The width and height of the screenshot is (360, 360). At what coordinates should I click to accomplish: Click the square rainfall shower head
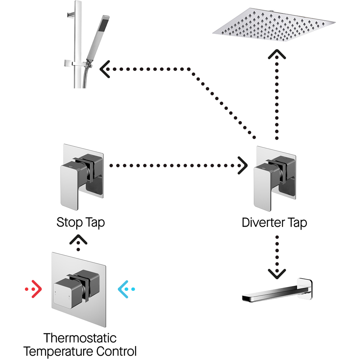[x=274, y=25]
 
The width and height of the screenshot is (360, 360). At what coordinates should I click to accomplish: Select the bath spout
[x=277, y=290]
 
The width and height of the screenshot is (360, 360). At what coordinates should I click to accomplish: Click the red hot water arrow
[x=33, y=289]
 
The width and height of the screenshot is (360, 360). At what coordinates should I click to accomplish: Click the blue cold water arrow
[x=126, y=289]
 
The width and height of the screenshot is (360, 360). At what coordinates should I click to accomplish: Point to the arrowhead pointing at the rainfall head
[x=277, y=54]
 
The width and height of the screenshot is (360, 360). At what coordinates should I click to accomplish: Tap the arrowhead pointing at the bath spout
[x=277, y=274]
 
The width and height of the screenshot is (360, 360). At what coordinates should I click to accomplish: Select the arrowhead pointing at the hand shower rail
[x=105, y=69]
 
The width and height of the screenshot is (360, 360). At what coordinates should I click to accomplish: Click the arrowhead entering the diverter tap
[x=242, y=166]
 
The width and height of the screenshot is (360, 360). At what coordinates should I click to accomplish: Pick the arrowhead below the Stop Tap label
[x=78, y=239]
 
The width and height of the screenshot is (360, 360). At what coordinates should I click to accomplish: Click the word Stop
[x=69, y=222]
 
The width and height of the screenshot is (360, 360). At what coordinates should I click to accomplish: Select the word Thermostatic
[x=80, y=338]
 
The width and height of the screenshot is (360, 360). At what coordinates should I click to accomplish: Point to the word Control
[x=117, y=351]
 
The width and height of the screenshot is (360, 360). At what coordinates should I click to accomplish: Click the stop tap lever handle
[x=70, y=185]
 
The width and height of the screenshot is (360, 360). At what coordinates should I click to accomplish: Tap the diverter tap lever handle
[x=264, y=187]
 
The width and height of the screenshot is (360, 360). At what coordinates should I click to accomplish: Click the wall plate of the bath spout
[x=305, y=288]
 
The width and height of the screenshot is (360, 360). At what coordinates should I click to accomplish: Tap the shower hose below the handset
[x=85, y=77]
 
